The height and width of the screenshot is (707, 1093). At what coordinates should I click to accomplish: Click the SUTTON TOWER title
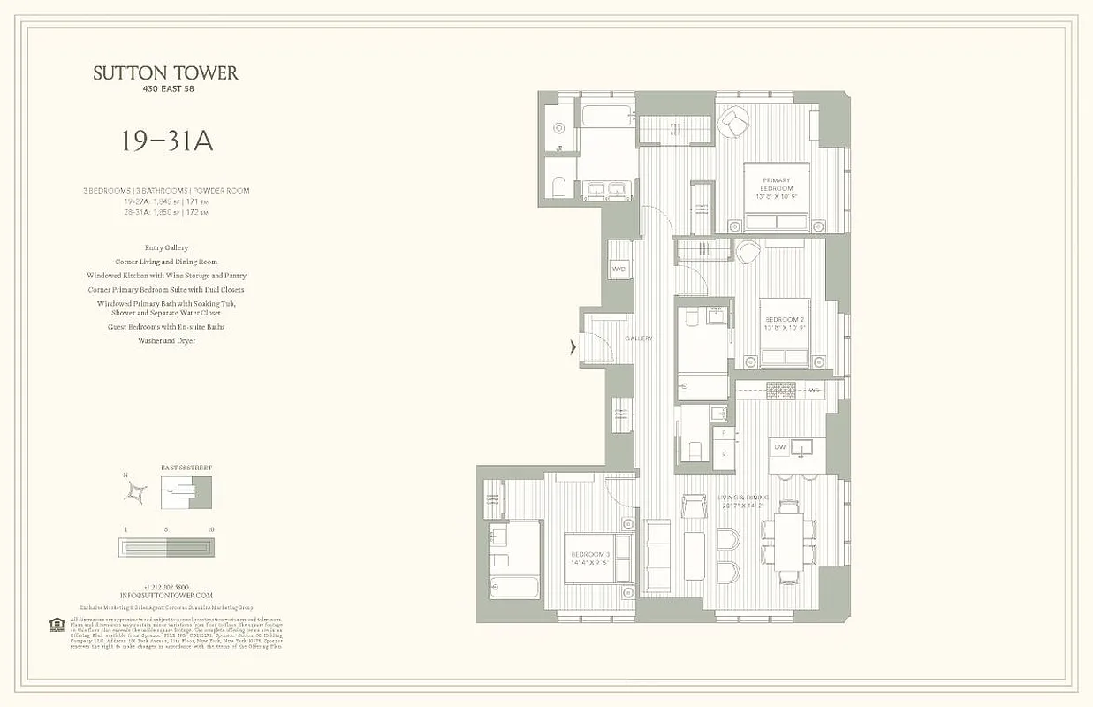[166, 73]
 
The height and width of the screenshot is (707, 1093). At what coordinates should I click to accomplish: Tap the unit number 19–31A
[166, 141]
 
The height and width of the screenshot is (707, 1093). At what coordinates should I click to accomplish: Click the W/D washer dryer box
[619, 269]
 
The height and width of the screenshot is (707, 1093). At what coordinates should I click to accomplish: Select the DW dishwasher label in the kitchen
[780, 448]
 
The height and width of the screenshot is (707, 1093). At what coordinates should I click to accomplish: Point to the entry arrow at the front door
[573, 347]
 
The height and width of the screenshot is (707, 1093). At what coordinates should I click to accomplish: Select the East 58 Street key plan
[186, 492]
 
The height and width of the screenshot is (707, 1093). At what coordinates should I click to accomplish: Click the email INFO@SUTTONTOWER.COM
[166, 597]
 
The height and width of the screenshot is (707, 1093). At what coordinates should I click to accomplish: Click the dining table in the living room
[789, 540]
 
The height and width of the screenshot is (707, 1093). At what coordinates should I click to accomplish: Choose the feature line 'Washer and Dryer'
[166, 341]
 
